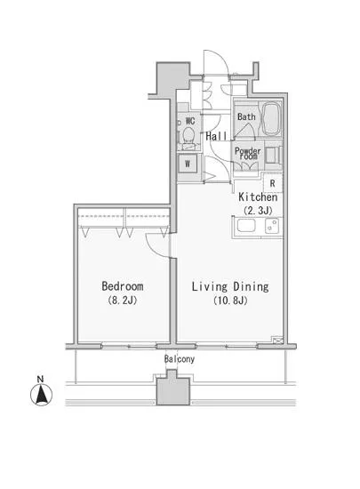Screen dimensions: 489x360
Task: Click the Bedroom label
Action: (122, 287)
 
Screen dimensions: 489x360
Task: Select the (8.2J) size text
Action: (122, 302)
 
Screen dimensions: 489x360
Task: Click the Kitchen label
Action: (259, 196)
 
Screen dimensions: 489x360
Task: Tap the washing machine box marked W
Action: (188, 164)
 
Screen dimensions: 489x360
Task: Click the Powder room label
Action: (248, 153)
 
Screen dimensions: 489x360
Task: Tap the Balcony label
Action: (180, 358)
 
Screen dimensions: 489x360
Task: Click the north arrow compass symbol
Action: (40, 395)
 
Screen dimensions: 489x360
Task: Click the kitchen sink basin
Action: (245, 228)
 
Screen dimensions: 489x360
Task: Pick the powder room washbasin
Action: (272, 155)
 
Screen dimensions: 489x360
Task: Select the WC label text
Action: (189, 121)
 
